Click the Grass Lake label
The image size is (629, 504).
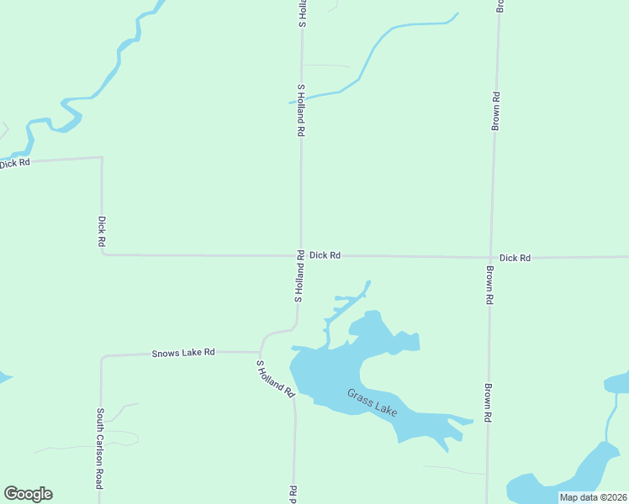[373, 401]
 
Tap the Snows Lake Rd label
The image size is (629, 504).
[183, 353]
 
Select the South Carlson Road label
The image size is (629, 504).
[99, 449]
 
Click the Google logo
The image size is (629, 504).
[28, 494]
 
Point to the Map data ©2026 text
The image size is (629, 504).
[592, 497]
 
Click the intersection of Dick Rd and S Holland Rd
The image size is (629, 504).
[301, 255]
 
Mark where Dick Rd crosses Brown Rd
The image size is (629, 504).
[492, 258]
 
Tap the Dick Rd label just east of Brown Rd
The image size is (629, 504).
[515, 258]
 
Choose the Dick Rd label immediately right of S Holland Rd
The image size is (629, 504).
[325, 255]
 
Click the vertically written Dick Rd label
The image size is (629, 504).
[102, 231]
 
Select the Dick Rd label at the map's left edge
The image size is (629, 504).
[15, 163]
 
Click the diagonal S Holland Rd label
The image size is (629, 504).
[276, 379]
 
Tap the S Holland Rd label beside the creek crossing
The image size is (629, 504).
[300, 110]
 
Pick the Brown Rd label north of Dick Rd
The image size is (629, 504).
[496, 111]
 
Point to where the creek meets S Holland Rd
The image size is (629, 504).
[301, 100]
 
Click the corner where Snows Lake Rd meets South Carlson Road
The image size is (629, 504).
[102, 357]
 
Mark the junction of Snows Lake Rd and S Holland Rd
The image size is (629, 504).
[261, 351]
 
